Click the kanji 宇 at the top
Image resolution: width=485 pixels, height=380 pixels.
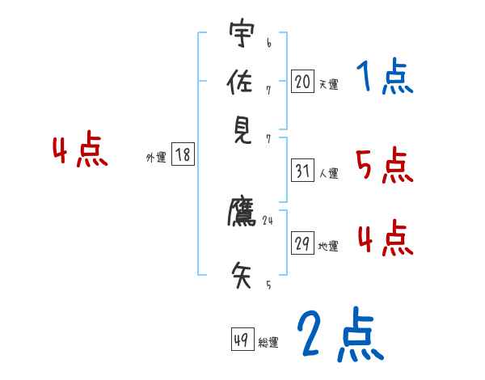242,35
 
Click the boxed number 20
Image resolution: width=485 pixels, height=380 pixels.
302,81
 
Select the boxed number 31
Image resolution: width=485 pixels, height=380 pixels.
302,171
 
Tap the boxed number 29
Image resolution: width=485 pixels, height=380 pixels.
302,243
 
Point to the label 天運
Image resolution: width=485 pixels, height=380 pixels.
328,84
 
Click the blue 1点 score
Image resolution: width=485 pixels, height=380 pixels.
385,78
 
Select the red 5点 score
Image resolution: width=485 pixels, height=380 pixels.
385,166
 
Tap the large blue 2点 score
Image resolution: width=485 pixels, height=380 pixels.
339,335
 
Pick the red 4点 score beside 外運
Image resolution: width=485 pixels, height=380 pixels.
80,151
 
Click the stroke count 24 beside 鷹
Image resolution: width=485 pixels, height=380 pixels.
268,220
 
